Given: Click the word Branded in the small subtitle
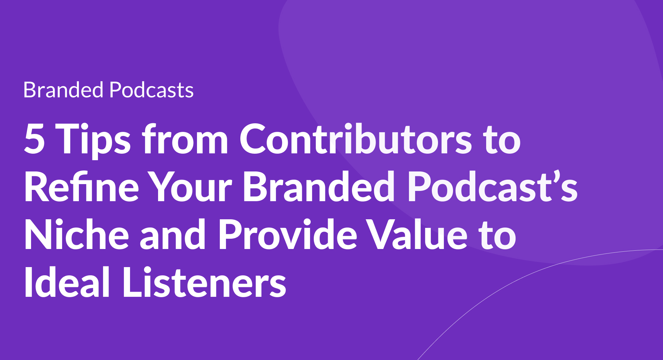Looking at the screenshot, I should coord(63,90).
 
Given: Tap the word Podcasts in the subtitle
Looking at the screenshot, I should coord(152,90).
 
